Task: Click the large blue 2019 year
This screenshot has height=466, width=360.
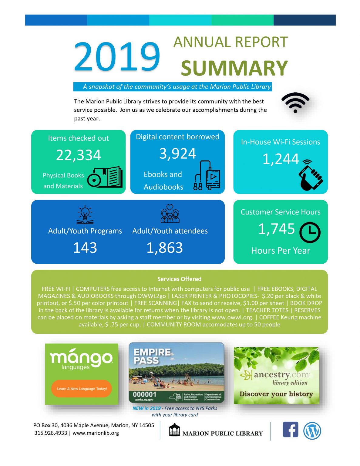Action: pos(117,56)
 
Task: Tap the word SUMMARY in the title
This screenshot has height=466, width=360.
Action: pos(234,68)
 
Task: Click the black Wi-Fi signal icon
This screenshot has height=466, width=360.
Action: pos(295,103)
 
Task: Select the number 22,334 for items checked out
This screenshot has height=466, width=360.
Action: pos(79,155)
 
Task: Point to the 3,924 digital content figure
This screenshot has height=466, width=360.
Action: pos(178,154)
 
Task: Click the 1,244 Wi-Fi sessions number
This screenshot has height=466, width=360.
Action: pos(281,159)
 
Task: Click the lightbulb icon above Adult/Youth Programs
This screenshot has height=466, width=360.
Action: pos(85,214)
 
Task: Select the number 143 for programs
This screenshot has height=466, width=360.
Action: pos(85,248)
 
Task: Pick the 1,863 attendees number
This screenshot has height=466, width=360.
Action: pos(165,248)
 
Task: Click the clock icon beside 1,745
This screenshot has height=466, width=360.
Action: pos(310,232)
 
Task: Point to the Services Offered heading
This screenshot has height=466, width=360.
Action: pos(179,279)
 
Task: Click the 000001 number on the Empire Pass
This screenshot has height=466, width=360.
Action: pos(145,394)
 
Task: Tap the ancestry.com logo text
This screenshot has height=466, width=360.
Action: pos(281,375)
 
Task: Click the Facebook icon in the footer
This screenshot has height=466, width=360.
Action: pos(290,430)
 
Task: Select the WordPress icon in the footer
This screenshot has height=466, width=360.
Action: pos(312,431)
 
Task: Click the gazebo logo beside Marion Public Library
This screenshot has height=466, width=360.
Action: pos(174,430)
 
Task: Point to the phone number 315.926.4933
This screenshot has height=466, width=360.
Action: pos(51,433)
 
